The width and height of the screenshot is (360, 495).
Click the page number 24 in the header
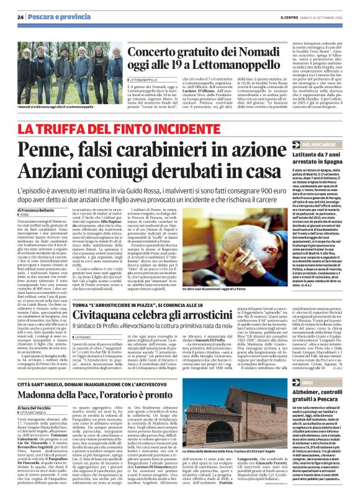point(20,16)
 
